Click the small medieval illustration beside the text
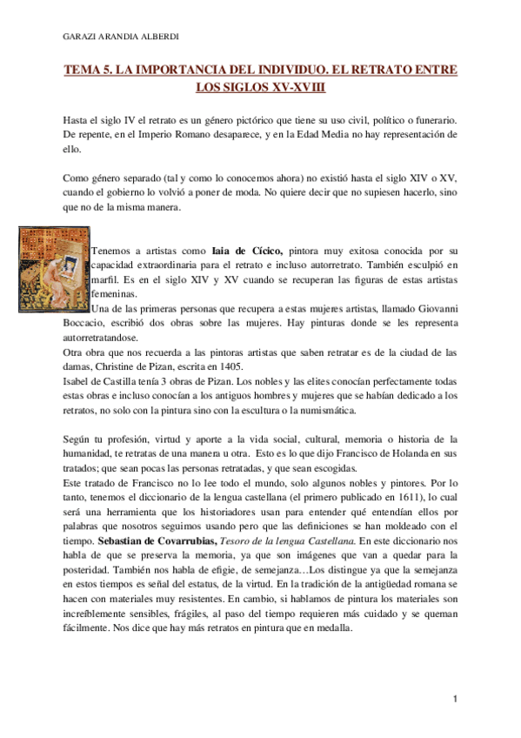pos(52,270)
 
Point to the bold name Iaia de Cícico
pos(244,250)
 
